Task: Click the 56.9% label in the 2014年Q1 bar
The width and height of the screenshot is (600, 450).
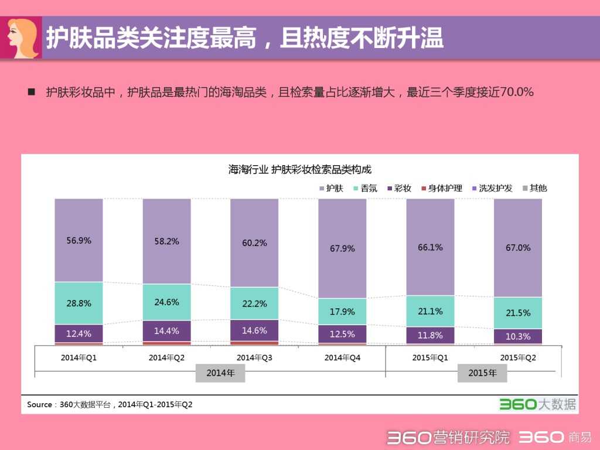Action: pos(79,240)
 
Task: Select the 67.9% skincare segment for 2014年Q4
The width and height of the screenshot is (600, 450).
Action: pos(342,248)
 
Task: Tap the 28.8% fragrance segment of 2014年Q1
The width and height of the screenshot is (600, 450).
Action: pos(79,304)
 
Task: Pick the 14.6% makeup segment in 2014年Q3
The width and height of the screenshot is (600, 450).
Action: pos(254,330)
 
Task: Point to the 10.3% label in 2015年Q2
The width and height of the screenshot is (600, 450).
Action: pos(518,336)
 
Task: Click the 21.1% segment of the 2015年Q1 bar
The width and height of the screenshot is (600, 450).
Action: pos(430,311)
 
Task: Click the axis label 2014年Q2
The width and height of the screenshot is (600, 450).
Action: pos(166,357)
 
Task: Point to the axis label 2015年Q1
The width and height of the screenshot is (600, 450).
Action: pos(430,357)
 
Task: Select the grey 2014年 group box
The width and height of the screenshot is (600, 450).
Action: pos(220,373)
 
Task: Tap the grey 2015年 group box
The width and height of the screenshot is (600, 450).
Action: pos(483,373)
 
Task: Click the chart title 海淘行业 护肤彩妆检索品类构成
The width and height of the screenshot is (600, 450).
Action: pos(300,169)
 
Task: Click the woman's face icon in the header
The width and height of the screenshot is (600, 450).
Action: pos(22,37)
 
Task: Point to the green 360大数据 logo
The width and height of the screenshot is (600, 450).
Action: pos(537,404)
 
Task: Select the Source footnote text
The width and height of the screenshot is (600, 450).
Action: pos(110,404)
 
